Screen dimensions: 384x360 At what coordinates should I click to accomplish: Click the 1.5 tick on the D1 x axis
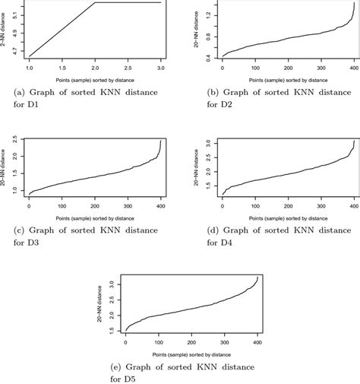point(62,68)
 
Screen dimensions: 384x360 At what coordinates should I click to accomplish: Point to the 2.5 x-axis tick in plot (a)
point(128,68)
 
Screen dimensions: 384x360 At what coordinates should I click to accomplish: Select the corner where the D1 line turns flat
point(94,3)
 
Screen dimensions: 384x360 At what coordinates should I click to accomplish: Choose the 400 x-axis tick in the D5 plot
point(258,338)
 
